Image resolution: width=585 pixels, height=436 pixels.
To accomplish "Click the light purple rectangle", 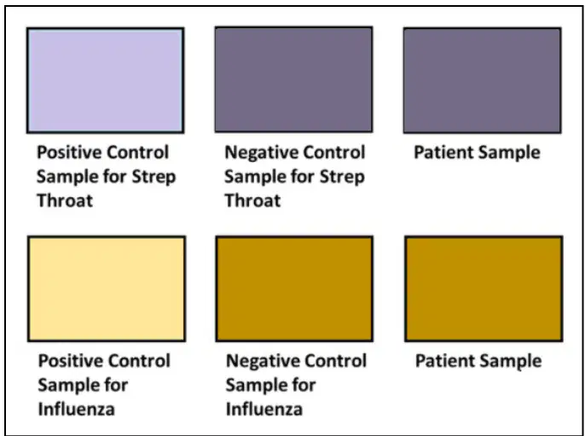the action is [x=105, y=80].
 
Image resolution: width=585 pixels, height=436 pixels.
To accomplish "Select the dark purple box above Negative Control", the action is [x=293, y=79].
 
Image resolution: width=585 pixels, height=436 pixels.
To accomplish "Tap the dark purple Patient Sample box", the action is [x=483, y=80].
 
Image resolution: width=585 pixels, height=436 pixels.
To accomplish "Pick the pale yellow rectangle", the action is [x=107, y=288].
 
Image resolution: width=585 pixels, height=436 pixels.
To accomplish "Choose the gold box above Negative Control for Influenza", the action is [x=294, y=288].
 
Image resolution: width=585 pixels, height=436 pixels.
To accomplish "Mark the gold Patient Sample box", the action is [x=484, y=288].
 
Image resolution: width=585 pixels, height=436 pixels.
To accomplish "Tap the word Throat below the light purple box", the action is [x=65, y=201].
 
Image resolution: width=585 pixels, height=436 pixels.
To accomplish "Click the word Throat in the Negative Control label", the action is [x=252, y=201].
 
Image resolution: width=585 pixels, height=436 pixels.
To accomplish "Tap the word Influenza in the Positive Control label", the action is [x=77, y=410].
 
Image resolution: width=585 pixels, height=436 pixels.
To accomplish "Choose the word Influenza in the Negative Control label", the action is [x=264, y=410].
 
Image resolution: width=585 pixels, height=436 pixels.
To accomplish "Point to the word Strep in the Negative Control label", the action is [x=343, y=177].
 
